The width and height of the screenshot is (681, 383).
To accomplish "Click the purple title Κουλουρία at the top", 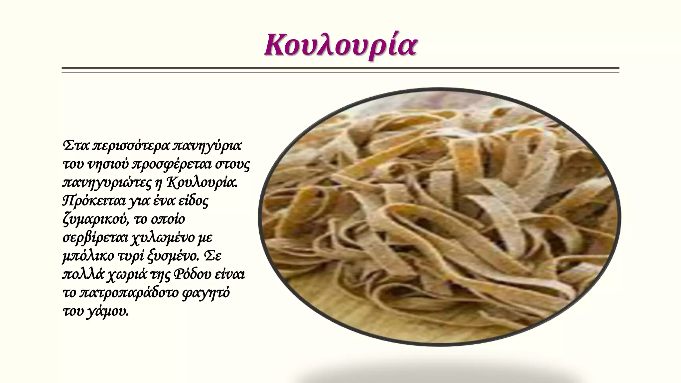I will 340,45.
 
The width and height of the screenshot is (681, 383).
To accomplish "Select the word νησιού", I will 108,164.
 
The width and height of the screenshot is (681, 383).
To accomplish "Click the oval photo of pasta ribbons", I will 439,216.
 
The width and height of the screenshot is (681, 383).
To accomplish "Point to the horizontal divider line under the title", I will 340,69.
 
